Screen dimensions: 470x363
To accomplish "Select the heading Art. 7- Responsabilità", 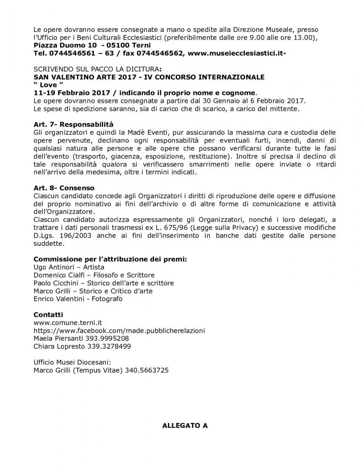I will (74, 125).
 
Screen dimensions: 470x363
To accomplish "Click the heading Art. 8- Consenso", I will (64, 188).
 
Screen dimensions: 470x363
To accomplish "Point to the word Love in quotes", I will (49, 85).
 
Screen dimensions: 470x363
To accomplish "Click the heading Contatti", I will (48, 314).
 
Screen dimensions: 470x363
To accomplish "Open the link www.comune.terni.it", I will (68, 322).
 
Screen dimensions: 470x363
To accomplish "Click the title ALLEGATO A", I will (185, 426).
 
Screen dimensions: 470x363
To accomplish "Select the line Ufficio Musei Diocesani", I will (72, 362).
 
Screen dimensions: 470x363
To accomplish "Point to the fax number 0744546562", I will (159, 54).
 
